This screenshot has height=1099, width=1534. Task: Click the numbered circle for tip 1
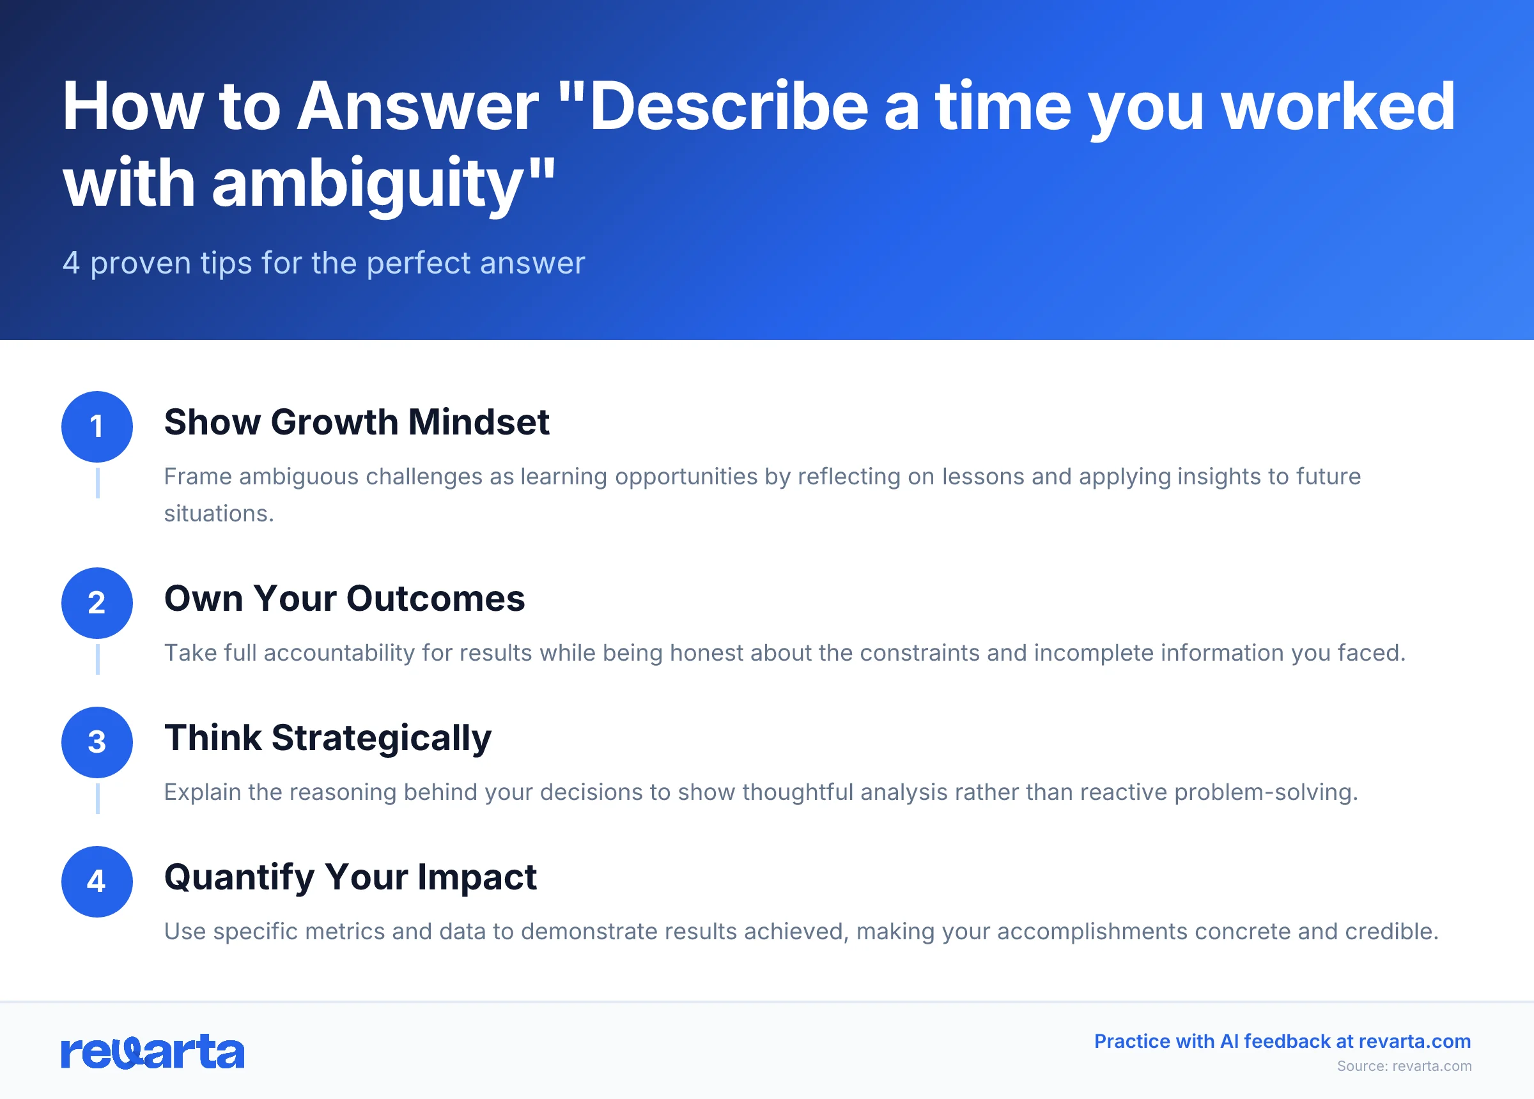click(x=97, y=426)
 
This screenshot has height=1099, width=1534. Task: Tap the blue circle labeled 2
click(x=97, y=603)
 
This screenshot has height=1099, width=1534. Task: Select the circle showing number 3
click(x=97, y=742)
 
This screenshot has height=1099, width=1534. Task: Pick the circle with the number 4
click(x=97, y=881)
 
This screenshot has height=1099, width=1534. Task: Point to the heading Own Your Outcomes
click(x=345, y=599)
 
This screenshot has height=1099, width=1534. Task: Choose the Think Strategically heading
click(x=327, y=738)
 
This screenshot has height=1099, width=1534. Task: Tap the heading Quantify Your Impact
click(x=350, y=877)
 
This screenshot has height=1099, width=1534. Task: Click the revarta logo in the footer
click(x=152, y=1051)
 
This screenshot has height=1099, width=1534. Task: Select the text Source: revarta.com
click(x=1404, y=1066)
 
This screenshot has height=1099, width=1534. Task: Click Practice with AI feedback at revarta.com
click(x=1282, y=1041)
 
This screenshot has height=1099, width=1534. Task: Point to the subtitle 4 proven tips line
click(x=323, y=263)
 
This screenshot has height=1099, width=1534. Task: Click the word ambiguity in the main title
click(x=369, y=183)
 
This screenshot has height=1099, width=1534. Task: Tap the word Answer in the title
click(x=418, y=106)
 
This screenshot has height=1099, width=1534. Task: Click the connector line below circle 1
click(x=97, y=483)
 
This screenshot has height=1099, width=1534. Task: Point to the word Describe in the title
click(x=729, y=106)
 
